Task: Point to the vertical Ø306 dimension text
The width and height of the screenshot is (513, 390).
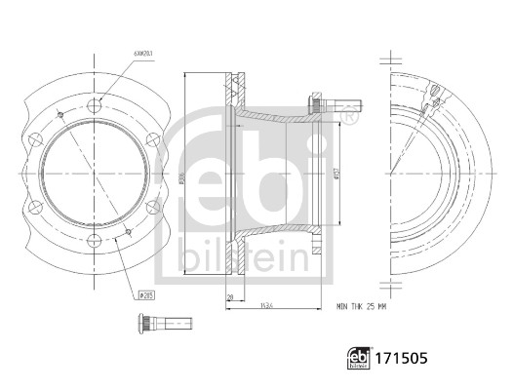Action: (x=182, y=178)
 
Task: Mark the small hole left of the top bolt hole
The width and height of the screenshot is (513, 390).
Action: (x=60, y=115)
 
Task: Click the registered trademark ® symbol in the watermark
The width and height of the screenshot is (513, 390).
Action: (x=347, y=117)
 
